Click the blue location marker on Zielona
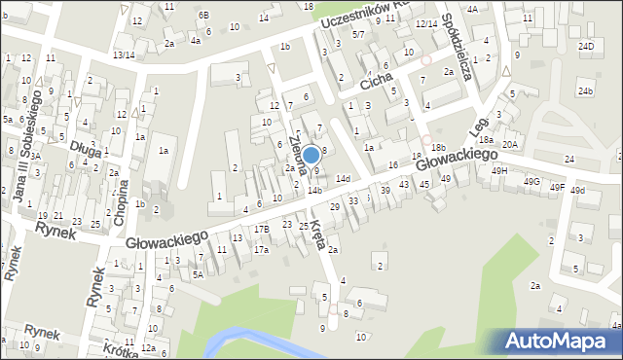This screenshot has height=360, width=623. click(311, 154)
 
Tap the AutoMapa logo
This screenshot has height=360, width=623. click(560, 340)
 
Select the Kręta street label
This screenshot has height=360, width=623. click(317, 234)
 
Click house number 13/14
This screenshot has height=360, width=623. click(124, 55)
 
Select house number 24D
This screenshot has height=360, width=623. click(585, 46)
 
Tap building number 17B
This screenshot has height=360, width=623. click(262, 230)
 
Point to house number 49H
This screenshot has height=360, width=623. click(499, 170)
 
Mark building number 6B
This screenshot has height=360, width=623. click(203, 15)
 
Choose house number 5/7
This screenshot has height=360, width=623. click(358, 34)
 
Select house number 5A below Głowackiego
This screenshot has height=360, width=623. click(197, 275)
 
